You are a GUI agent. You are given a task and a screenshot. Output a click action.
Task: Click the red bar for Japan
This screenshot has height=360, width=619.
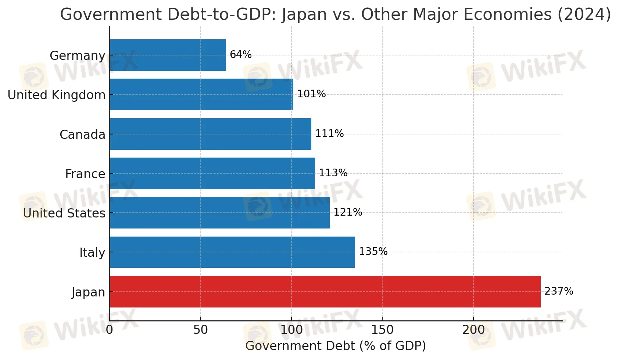[325, 292]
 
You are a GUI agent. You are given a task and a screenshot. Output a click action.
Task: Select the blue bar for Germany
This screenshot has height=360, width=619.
[168, 55]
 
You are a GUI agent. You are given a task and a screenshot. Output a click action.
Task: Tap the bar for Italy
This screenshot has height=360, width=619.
[232, 252]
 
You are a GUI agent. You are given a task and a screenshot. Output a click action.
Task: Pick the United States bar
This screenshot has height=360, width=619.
[219, 213]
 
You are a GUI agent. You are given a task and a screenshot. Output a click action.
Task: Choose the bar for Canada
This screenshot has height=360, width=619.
[210, 134]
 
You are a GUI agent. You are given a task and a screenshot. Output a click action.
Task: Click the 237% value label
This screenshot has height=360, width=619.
[559, 291]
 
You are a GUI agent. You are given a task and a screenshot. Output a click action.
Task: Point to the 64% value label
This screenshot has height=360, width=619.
[241, 55]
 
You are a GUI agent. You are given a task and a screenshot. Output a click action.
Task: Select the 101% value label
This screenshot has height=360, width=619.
[311, 94]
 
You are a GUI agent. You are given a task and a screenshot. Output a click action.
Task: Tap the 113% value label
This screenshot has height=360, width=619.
[333, 173]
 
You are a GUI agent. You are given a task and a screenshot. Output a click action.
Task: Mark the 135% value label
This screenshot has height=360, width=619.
[373, 252]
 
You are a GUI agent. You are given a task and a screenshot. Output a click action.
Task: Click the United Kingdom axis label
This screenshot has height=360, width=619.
[57, 95]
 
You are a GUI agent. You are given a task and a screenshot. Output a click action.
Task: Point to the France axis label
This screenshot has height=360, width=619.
[85, 174]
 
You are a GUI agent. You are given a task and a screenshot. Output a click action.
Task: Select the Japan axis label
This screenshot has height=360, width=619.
[88, 292]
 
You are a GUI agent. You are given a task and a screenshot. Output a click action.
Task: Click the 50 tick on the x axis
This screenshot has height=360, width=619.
[200, 330]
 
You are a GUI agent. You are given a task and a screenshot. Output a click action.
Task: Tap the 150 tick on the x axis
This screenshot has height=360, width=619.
[382, 330]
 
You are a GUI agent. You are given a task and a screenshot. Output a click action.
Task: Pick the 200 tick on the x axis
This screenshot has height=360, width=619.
[473, 330]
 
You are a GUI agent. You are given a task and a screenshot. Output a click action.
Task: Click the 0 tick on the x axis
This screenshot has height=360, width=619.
[110, 330]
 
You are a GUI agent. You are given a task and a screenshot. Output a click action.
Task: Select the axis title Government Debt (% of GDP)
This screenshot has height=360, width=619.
[335, 346]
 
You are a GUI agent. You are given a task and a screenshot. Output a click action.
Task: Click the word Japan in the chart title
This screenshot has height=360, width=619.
[304, 15]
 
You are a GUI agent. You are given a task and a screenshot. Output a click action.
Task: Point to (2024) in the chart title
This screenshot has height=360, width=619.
[584, 15]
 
